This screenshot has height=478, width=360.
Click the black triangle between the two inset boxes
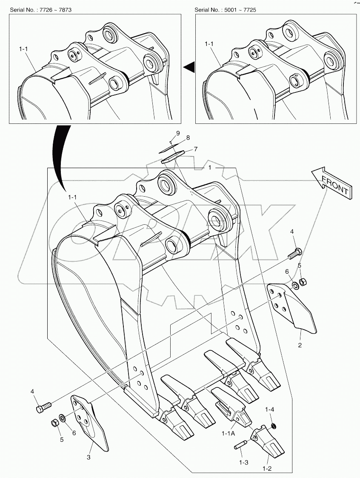pos(189,66)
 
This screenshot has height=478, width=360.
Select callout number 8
pos(187,138)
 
